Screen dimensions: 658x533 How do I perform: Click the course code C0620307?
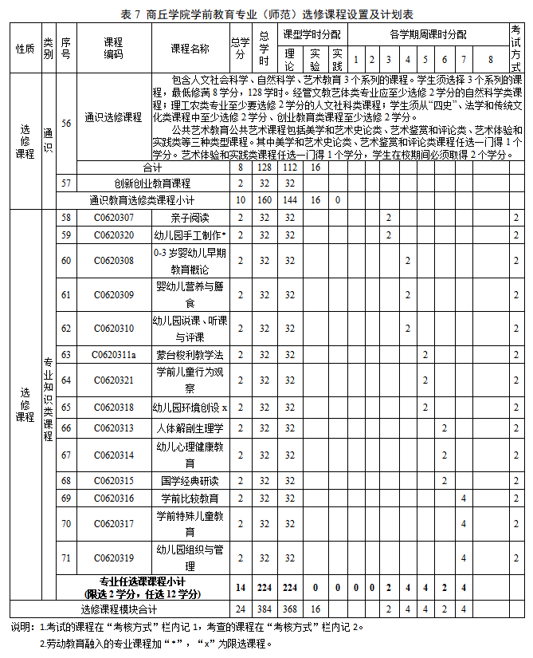tap(113, 218)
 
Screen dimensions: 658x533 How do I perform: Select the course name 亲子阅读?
tap(190, 218)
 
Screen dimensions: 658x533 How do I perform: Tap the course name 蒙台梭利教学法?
tap(190, 354)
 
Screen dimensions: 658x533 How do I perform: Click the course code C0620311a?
tap(113, 354)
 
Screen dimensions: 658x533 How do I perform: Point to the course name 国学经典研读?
tap(190, 481)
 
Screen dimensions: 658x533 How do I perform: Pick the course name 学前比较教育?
tap(190, 498)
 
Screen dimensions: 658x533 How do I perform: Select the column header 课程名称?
tap(190, 49)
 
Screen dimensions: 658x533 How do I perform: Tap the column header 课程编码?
tap(113, 49)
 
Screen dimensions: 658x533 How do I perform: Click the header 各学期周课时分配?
tap(428, 35)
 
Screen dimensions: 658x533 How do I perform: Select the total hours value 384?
tap(264, 609)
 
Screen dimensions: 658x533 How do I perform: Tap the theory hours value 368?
tap(289, 609)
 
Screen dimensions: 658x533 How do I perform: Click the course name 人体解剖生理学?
tap(190, 428)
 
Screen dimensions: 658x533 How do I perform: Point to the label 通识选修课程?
tap(113, 116)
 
